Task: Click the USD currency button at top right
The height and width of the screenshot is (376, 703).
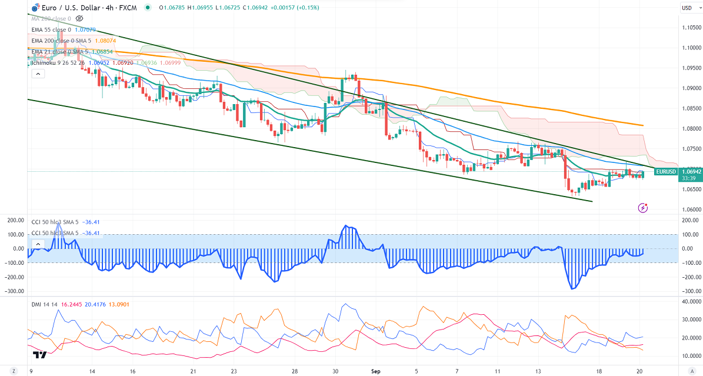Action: [687, 8]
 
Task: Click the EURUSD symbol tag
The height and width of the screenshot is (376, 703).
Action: [666, 171]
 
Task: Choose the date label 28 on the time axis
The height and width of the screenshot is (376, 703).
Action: [295, 371]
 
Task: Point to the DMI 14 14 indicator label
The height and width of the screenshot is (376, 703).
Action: [45, 304]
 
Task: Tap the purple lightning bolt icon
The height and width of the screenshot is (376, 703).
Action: [643, 208]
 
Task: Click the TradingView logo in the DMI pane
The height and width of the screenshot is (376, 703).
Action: [40, 355]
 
